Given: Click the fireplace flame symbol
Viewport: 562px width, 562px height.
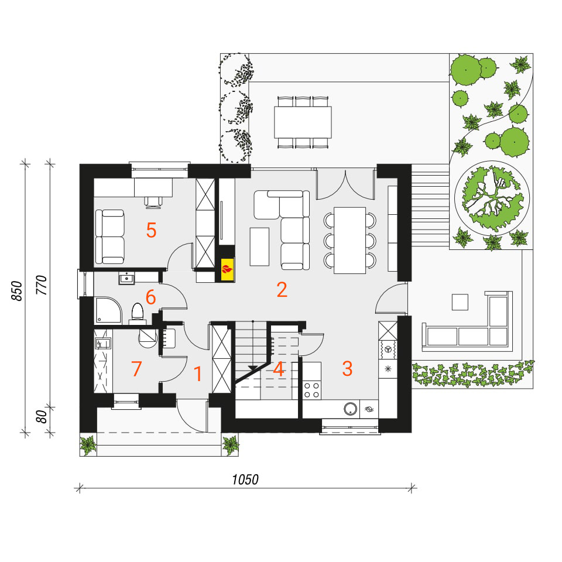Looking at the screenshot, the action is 227,269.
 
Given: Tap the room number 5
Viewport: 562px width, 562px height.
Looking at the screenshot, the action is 151,230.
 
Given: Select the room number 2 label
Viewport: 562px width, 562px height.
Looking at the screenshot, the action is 282,290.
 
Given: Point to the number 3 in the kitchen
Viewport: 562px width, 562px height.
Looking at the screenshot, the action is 347,369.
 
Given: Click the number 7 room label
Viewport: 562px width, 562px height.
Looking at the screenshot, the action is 136,369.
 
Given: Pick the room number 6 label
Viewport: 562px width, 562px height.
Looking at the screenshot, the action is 150,297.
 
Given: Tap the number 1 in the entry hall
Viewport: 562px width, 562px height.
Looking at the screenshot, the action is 198,374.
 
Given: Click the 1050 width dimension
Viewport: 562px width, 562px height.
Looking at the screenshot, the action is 245,479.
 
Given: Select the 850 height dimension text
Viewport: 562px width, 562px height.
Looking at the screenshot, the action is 17,291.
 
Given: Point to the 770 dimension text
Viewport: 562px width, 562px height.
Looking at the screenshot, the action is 42,285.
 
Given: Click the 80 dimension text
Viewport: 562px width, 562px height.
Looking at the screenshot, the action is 42,417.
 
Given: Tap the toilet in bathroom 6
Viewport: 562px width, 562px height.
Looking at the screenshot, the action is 137,313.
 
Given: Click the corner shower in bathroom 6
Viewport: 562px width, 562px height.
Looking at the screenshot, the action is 108,310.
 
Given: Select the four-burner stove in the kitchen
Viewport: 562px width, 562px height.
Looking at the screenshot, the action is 311,390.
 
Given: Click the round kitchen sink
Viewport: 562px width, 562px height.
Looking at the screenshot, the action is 351,409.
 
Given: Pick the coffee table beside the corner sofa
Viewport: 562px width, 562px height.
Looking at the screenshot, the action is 259,246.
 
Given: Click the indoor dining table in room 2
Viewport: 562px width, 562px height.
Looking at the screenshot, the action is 350,240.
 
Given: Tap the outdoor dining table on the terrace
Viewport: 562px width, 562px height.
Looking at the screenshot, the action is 303,122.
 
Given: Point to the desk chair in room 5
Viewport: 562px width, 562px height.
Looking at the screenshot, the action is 153,202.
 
